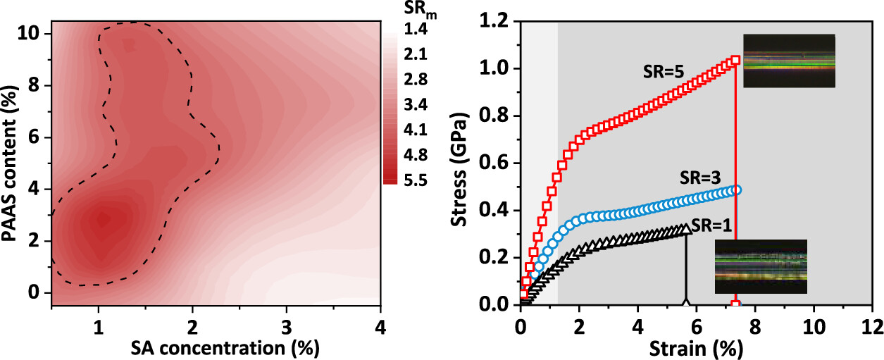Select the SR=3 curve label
coord(699,175)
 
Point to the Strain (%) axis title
coord(695,347)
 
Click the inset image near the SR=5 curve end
coord(789,61)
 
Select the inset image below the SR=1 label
coord(761,266)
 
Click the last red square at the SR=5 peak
coord(736,61)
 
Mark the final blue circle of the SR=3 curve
coord(737,190)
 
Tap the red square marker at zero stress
coord(736,304)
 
